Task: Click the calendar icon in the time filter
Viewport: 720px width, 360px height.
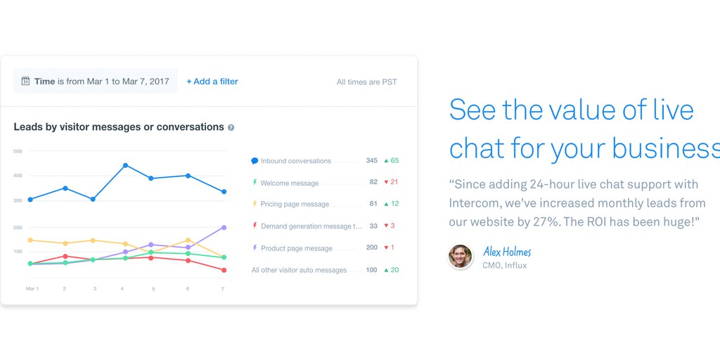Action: (26, 82)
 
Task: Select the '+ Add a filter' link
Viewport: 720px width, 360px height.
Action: (212, 82)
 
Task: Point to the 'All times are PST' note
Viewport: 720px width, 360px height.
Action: (366, 82)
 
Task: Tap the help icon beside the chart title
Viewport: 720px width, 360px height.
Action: (231, 128)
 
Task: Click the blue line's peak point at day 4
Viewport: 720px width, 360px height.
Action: (125, 165)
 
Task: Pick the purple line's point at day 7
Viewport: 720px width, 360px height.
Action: (224, 227)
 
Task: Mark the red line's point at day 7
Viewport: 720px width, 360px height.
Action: (224, 271)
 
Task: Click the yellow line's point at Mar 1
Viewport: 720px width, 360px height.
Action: (30, 240)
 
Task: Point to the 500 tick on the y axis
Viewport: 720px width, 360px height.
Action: (18, 151)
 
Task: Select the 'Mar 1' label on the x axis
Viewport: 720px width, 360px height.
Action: (32, 289)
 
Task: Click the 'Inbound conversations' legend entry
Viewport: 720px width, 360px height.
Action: (296, 161)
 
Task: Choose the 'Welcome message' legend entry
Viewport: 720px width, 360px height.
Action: (289, 184)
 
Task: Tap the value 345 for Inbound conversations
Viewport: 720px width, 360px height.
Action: (371, 161)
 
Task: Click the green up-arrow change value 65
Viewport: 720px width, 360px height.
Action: (394, 161)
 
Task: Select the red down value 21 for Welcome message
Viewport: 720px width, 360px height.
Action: (394, 182)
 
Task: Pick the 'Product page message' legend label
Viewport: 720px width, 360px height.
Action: (297, 248)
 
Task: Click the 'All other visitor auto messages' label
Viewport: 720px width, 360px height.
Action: (299, 271)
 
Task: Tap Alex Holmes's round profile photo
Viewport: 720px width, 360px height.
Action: (460, 256)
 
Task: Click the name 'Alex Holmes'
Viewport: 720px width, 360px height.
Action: (507, 252)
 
